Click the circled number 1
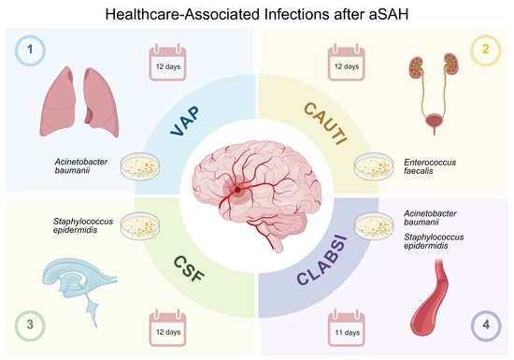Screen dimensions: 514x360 click(x=30, y=50)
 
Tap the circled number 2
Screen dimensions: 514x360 click(x=485, y=50)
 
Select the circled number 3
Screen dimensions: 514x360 click(x=30, y=324)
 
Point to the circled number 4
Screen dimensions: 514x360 click(x=486, y=324)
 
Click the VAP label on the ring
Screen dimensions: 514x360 click(x=185, y=121)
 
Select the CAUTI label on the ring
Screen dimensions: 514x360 click(x=325, y=122)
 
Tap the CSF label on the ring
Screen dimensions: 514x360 click(x=189, y=268)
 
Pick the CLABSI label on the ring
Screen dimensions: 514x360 click(x=321, y=259)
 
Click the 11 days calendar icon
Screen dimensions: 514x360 click(x=347, y=327)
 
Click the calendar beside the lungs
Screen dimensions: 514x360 click(x=167, y=62)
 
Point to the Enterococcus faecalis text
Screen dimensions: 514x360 click(x=430, y=166)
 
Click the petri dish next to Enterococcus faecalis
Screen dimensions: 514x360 click(x=374, y=166)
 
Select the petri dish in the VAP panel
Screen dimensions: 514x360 click(x=140, y=166)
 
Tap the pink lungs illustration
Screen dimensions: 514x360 click(x=79, y=102)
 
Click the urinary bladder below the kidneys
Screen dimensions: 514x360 click(x=435, y=121)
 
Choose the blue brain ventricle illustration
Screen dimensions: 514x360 click(x=79, y=285)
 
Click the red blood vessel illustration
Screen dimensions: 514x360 click(x=430, y=297)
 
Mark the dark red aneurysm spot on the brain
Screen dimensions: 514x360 click(x=237, y=190)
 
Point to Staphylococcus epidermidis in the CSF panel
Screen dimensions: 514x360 click(x=83, y=225)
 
